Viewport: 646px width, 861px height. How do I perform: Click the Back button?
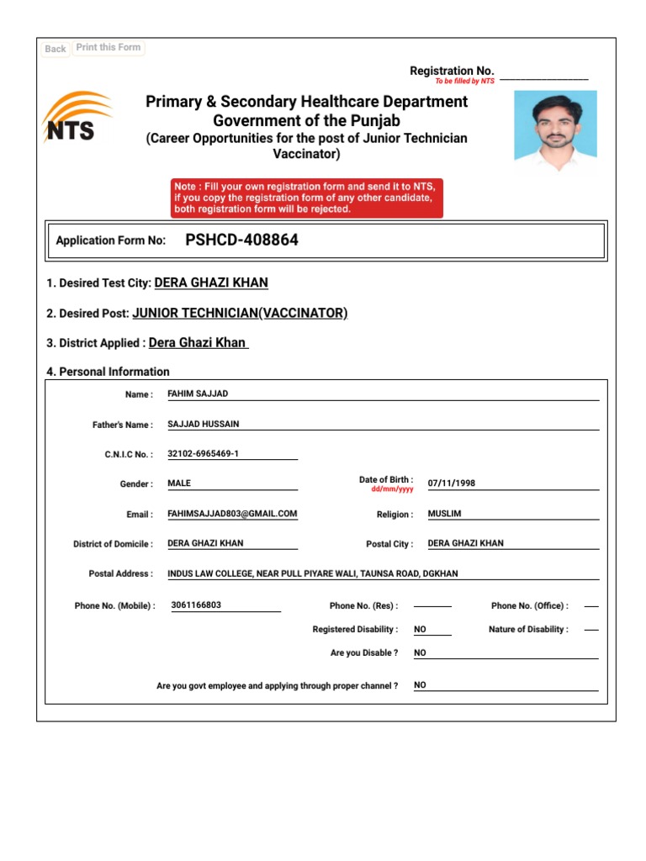[x=56, y=49]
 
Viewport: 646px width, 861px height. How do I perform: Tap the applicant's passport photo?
[x=555, y=125]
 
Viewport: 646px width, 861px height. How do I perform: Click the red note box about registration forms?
[x=306, y=198]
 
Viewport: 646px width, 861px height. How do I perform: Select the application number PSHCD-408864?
[x=241, y=240]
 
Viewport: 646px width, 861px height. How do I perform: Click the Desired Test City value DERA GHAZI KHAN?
[x=211, y=283]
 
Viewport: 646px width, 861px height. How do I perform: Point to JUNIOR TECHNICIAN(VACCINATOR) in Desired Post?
[x=240, y=313]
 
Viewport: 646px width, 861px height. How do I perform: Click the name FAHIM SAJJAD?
[x=198, y=394]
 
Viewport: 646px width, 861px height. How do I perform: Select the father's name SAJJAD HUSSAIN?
[x=204, y=424]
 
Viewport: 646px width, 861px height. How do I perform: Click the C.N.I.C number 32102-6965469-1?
[x=204, y=454]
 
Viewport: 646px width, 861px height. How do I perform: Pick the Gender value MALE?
[x=179, y=483]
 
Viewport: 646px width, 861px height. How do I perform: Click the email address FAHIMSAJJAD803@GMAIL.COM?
[x=232, y=514]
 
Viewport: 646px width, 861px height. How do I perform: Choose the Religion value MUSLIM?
[x=444, y=514]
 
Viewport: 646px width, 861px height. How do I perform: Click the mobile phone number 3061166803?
[x=196, y=605]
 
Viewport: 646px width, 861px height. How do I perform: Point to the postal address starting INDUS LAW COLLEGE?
[x=313, y=573]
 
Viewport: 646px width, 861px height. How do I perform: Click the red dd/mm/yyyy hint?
[x=392, y=489]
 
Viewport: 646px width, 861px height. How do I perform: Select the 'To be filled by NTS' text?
[x=464, y=82]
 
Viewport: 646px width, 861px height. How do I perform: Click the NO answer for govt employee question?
[x=420, y=685]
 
